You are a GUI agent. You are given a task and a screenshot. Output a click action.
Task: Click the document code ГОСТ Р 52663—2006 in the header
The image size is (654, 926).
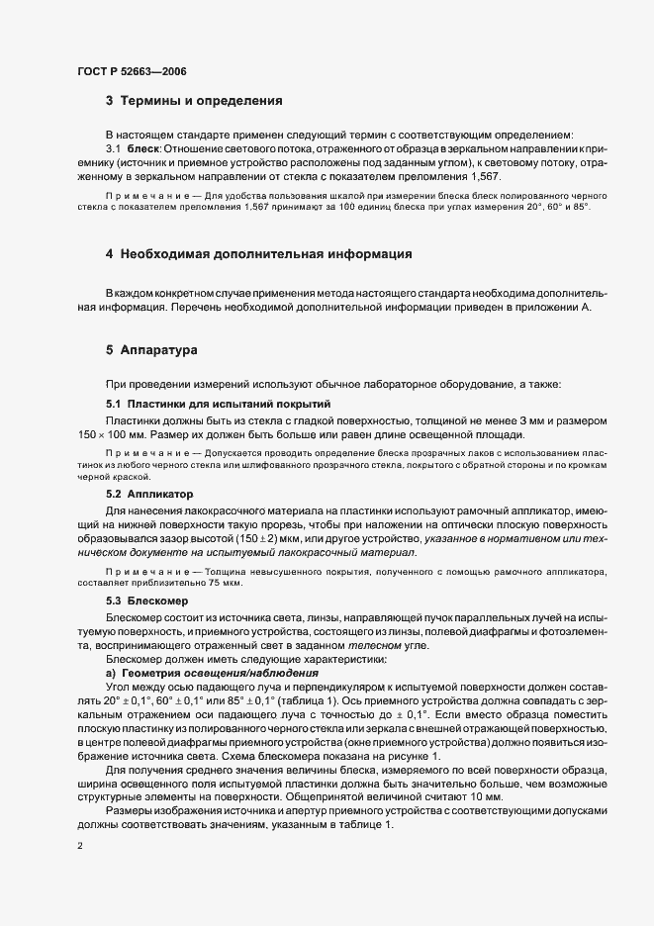(x=131, y=72)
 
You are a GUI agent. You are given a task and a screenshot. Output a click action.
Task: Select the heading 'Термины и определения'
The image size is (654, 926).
(x=201, y=101)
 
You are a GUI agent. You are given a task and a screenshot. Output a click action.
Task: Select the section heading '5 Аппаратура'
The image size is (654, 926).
(x=152, y=350)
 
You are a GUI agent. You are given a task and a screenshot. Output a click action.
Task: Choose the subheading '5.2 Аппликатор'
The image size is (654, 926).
(x=148, y=493)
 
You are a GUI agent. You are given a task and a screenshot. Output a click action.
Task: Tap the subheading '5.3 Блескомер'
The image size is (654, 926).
(x=145, y=601)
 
